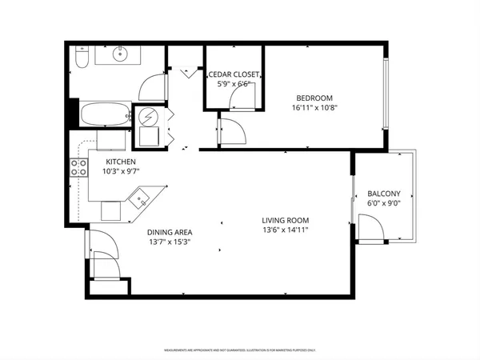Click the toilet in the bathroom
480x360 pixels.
click(82, 59)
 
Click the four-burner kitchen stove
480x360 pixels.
click(79, 167)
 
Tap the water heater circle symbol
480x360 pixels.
click(149, 117)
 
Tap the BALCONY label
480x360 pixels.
click(384, 194)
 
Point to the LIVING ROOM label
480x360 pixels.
click(285, 220)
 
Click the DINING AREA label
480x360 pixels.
click(169, 233)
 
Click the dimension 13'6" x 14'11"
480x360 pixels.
click(285, 230)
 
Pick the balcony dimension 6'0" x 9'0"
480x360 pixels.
click(384, 204)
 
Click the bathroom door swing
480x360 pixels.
click(152, 86)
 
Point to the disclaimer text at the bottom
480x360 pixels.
click(240, 350)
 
